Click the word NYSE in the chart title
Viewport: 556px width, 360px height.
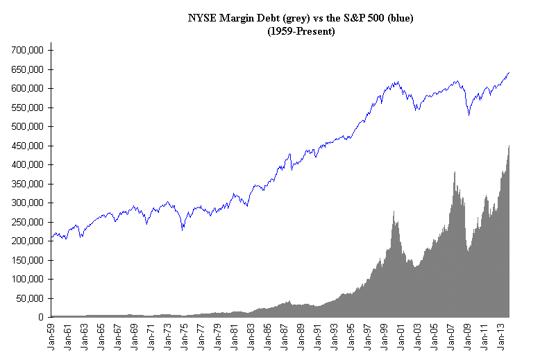point(202,19)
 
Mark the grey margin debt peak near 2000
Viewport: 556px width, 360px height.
point(394,212)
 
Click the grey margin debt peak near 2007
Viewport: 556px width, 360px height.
point(455,173)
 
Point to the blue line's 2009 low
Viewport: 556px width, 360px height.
point(469,115)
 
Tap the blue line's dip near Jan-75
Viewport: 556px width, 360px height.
point(183,230)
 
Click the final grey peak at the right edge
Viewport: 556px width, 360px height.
point(509,145)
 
